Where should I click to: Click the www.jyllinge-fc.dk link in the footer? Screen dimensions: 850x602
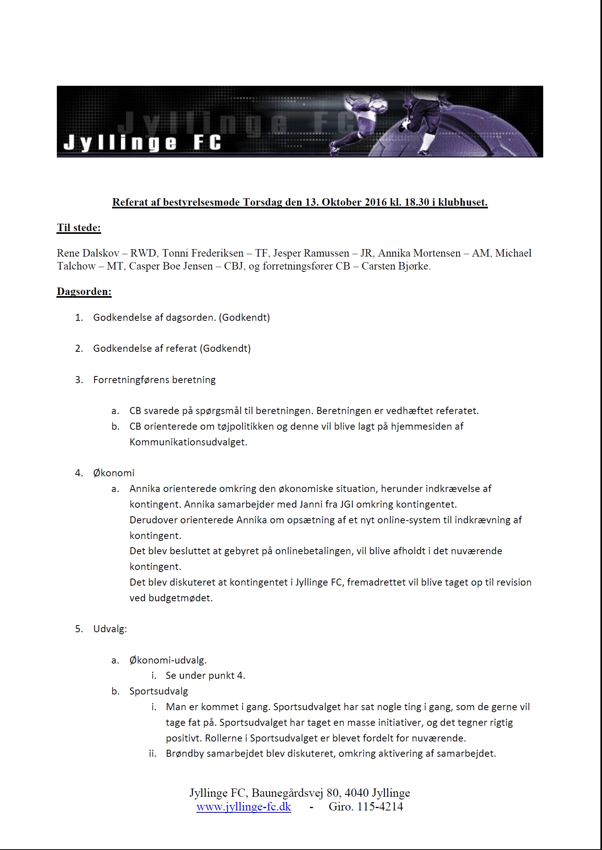243,807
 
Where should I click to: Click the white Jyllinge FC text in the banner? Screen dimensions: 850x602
142,143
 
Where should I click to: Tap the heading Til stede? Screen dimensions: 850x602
79,228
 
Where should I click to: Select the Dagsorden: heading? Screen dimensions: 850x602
84,291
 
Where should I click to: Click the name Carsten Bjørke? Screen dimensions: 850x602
395,266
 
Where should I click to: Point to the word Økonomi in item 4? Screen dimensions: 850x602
114,473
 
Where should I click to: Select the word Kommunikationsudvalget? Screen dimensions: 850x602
188,442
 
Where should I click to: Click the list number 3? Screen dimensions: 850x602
79,380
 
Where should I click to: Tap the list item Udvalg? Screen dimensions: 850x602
110,629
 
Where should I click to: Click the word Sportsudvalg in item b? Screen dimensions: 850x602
159,691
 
